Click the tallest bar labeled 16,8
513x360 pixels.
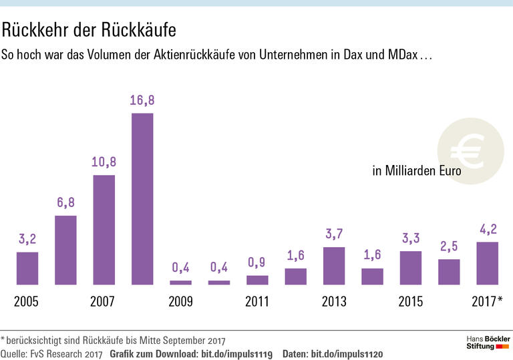142,199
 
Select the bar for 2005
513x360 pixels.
27,268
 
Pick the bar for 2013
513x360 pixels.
334,266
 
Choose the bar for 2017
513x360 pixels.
488,263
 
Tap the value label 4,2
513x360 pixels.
488,229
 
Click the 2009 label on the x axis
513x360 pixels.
180,302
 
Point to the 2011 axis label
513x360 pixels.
257,302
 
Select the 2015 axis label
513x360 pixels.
411,302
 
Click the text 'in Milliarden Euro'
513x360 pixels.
417,171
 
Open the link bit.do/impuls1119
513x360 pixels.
237,353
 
